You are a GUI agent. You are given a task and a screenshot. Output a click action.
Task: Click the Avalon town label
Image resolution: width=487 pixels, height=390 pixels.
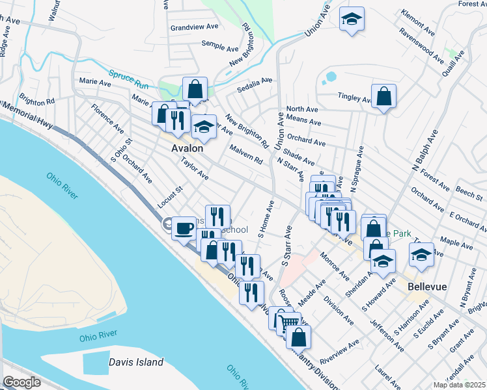click(187, 148)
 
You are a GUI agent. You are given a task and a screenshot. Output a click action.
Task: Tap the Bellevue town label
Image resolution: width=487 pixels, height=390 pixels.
click(426, 286)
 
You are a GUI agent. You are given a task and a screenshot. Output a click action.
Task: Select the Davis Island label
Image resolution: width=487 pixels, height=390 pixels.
click(136, 362)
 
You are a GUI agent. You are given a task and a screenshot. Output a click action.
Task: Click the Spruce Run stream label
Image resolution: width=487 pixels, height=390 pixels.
click(130, 79)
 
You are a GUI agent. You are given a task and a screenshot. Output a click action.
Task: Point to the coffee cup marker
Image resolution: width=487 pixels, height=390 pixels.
click(184, 227)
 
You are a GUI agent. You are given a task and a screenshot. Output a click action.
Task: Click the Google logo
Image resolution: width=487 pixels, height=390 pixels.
click(21, 382)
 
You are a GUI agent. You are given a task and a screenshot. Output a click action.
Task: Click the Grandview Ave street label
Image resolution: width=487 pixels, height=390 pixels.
click(194, 28)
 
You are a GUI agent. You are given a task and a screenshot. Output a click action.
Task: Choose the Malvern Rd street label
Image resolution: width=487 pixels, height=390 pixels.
click(245, 155)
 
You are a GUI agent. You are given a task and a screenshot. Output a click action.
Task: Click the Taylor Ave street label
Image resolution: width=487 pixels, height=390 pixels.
click(195, 171)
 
